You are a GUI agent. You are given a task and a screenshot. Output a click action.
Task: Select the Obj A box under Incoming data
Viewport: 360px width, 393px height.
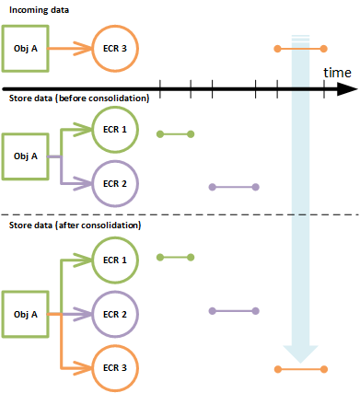26,47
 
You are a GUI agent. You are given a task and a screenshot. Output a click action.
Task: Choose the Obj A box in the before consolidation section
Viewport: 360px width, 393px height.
26,155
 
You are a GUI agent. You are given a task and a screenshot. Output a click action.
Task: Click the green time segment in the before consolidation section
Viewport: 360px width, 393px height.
175,134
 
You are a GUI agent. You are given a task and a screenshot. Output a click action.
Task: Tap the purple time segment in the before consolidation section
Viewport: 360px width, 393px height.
234,187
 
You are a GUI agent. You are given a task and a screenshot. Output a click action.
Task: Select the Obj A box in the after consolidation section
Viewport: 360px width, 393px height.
26,314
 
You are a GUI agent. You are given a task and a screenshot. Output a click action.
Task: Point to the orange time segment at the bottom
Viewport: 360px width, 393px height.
301,369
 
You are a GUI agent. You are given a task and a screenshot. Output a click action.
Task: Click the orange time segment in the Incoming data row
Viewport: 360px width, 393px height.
301,47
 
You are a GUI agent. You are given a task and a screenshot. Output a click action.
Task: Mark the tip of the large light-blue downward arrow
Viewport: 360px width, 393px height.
301,362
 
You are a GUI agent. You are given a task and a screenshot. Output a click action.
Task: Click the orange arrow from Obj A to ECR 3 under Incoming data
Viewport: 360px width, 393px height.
70,47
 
